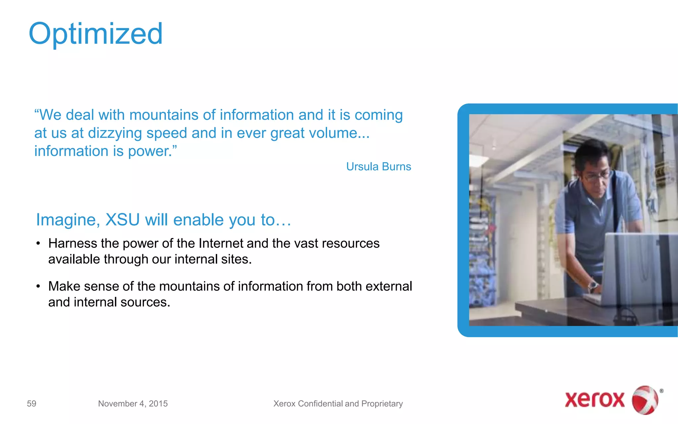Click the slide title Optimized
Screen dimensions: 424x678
(x=96, y=34)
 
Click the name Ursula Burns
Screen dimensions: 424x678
(x=378, y=167)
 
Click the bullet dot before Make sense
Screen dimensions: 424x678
(x=38, y=286)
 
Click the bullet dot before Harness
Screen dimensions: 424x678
(x=38, y=243)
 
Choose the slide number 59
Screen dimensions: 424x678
(x=31, y=403)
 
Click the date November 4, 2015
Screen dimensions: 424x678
(x=133, y=403)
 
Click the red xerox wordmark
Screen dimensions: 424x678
(x=594, y=399)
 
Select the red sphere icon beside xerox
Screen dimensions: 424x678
(x=645, y=400)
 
